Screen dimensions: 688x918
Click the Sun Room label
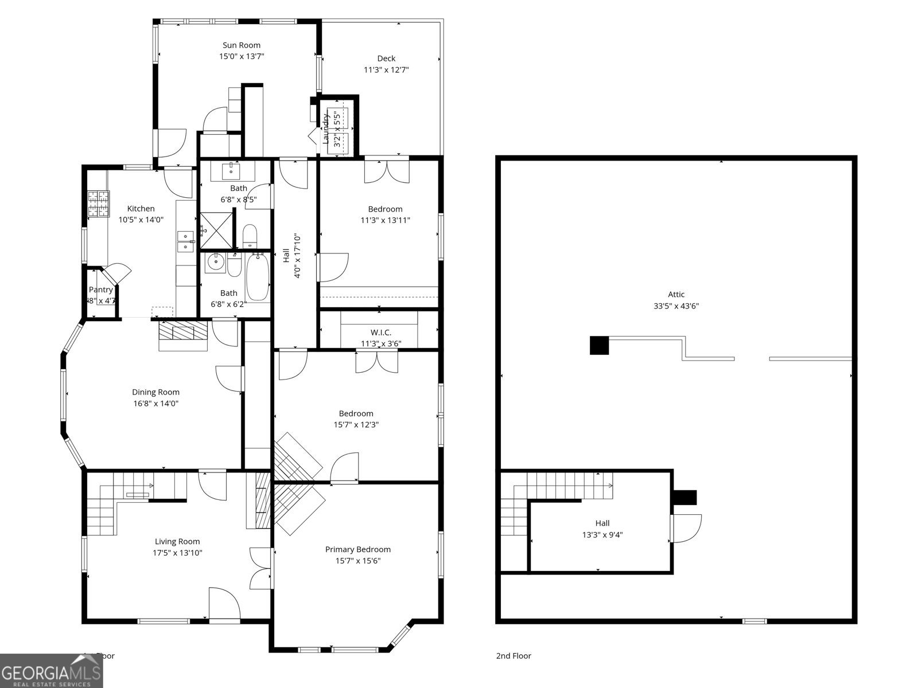(241, 45)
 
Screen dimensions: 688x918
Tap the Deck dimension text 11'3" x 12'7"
(386, 70)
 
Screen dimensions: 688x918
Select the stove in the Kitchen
(98, 204)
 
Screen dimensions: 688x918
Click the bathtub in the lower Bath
(258, 277)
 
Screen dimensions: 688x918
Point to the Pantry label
(100, 290)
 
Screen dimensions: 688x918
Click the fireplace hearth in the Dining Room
(183, 336)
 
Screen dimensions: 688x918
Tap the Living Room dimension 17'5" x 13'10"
(177, 553)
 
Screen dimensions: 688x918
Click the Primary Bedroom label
(357, 549)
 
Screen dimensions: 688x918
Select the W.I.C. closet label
(380, 333)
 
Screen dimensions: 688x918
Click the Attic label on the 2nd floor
(676, 295)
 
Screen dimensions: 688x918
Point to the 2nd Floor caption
(514, 656)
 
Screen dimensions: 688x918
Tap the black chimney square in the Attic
(599, 345)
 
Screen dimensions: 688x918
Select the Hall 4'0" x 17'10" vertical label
(291, 255)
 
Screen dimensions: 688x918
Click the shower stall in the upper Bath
(217, 230)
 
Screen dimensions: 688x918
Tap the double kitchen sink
(186, 241)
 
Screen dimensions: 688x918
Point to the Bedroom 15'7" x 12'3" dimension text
(356, 425)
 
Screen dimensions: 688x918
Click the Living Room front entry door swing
(224, 603)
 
